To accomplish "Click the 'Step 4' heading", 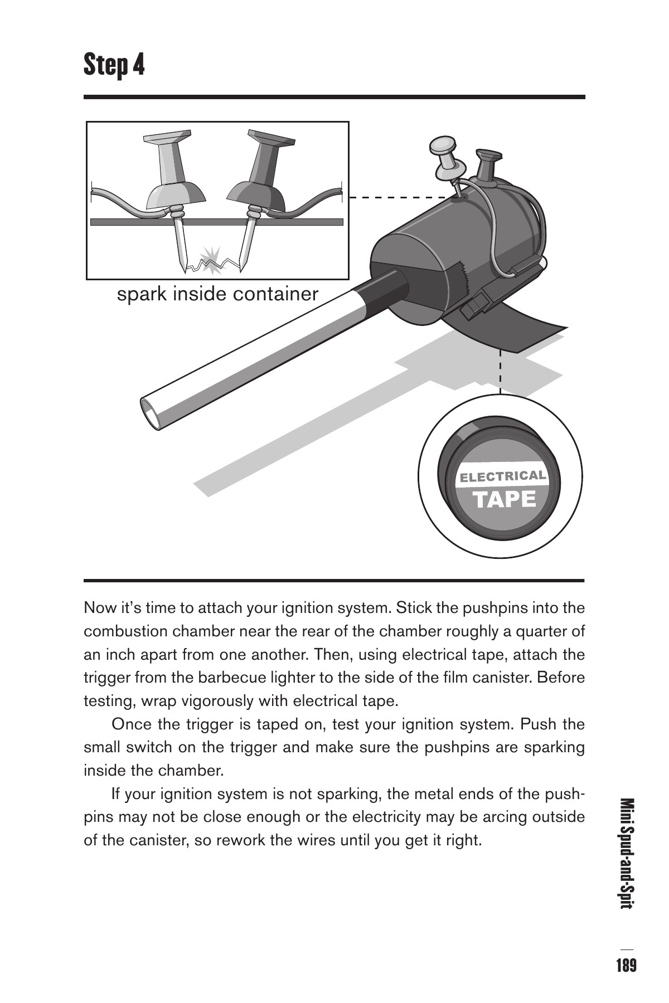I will (114, 65).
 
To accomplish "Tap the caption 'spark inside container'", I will (217, 294).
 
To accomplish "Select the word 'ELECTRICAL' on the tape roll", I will (502, 477).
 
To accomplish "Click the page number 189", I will (626, 965).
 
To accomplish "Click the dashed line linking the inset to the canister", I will (399, 197).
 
